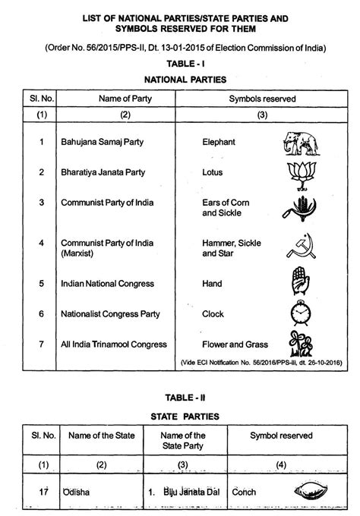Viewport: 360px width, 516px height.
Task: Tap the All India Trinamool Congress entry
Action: (114, 345)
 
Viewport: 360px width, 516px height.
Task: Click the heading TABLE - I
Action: (179, 64)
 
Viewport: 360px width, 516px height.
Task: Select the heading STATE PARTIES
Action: (179, 416)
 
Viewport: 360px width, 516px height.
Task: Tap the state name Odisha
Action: (77, 492)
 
